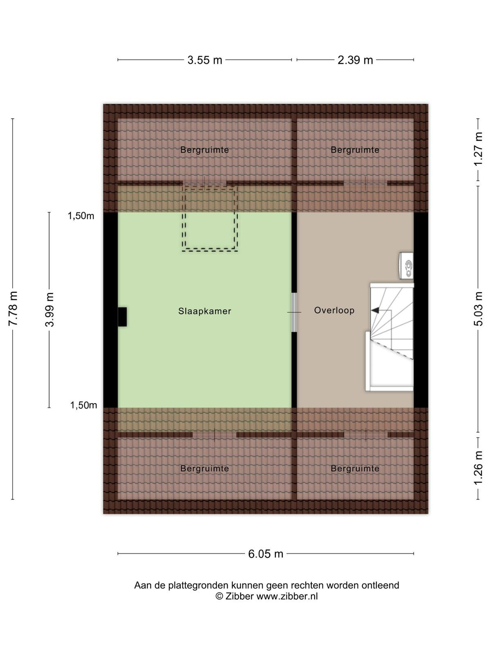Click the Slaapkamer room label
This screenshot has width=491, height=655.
[205, 311]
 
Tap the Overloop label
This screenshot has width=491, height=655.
[334, 310]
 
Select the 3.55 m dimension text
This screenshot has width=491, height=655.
[205, 60]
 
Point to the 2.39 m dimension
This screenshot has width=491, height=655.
[355, 60]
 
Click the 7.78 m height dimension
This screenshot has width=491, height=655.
[14, 309]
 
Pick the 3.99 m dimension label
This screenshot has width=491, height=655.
[50, 310]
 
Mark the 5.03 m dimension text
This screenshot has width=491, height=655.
[478, 309]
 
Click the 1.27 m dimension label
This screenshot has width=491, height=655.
[478, 149]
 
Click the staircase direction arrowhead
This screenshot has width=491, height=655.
[375, 310]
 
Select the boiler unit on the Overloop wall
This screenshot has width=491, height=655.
[406, 265]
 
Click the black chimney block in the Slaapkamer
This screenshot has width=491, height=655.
[122, 316]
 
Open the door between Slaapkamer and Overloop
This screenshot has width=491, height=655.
[294, 312]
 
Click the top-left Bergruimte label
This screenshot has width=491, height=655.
[205, 149]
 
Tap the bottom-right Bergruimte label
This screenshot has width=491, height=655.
[355, 468]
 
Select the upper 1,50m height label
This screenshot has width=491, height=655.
[81, 216]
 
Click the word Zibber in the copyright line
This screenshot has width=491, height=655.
[239, 596]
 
